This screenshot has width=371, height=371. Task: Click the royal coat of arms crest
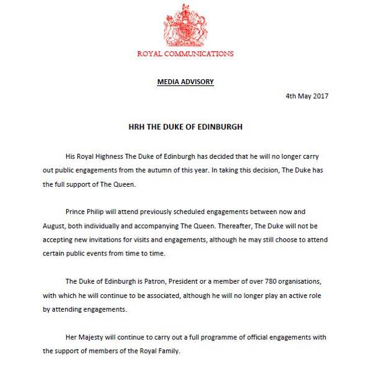click(x=185, y=26)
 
